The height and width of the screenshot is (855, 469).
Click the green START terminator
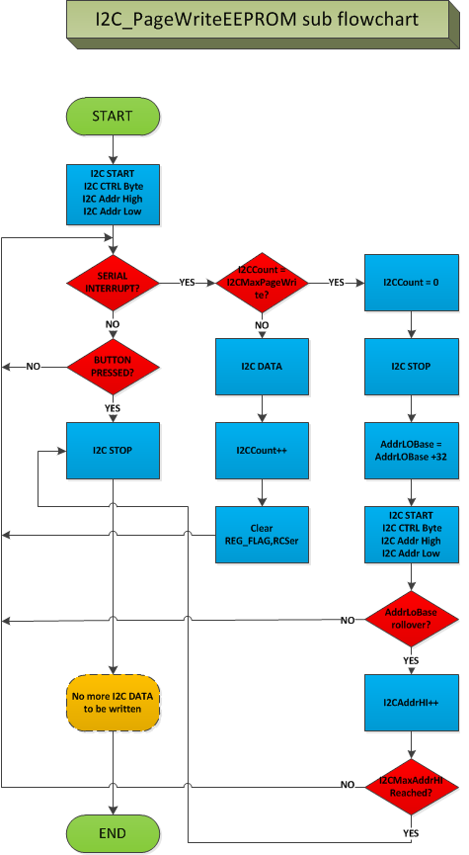(x=113, y=117)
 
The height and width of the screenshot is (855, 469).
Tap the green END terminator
(x=113, y=833)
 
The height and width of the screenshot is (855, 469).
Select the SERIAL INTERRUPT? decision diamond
(x=113, y=283)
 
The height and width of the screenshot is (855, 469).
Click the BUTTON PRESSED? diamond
(x=113, y=367)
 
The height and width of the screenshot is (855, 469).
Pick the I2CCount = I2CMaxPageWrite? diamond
(x=262, y=283)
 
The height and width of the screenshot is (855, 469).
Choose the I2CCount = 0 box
(x=412, y=283)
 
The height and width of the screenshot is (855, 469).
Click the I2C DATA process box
(x=262, y=367)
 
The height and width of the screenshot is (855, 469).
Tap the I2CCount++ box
(x=262, y=451)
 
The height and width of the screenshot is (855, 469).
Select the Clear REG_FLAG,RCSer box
(x=262, y=535)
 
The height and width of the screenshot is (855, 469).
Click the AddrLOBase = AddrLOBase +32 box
(x=412, y=451)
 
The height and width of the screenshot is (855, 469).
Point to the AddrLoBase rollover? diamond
(x=412, y=619)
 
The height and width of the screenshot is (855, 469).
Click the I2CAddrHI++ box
(x=412, y=703)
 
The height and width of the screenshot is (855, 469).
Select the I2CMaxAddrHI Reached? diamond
(x=412, y=787)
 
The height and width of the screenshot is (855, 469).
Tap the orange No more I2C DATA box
(x=113, y=703)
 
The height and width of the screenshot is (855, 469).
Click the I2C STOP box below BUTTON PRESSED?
(x=113, y=451)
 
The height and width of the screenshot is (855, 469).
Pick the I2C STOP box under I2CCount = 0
(x=412, y=367)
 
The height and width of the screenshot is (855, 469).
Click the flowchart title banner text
(x=258, y=20)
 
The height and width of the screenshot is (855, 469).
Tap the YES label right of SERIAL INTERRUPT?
(x=188, y=283)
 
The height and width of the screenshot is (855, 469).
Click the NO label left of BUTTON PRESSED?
(x=33, y=367)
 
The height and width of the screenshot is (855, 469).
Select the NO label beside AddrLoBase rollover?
(x=348, y=620)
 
